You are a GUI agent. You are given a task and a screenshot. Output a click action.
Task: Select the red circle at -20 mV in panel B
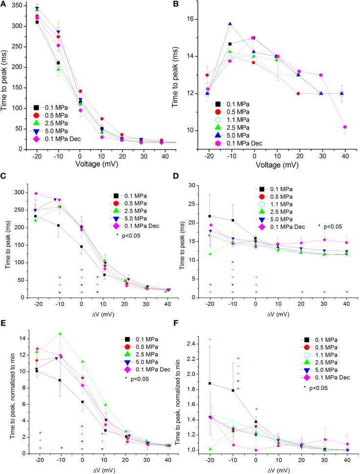(207, 75)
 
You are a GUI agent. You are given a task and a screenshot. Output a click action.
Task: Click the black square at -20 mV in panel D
(210, 216)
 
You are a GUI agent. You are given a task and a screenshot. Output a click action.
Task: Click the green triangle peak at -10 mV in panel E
(60, 334)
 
